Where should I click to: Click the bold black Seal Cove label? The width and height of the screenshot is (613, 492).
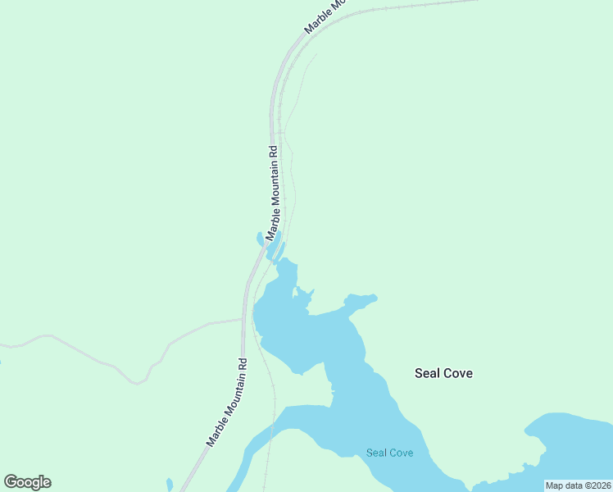click(x=443, y=373)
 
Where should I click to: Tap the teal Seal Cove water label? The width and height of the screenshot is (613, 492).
click(x=389, y=453)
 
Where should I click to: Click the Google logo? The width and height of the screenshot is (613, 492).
click(x=27, y=482)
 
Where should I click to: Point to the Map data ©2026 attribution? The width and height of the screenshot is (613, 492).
click(x=578, y=485)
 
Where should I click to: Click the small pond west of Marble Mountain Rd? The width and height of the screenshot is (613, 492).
click(x=261, y=239)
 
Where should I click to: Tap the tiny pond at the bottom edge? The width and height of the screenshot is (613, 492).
click(x=170, y=485)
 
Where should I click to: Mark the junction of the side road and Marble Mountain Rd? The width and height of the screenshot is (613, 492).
click(x=243, y=319)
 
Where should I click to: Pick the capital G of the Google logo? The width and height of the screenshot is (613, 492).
click(x=11, y=482)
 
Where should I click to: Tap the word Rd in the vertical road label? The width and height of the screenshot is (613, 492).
click(x=274, y=151)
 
